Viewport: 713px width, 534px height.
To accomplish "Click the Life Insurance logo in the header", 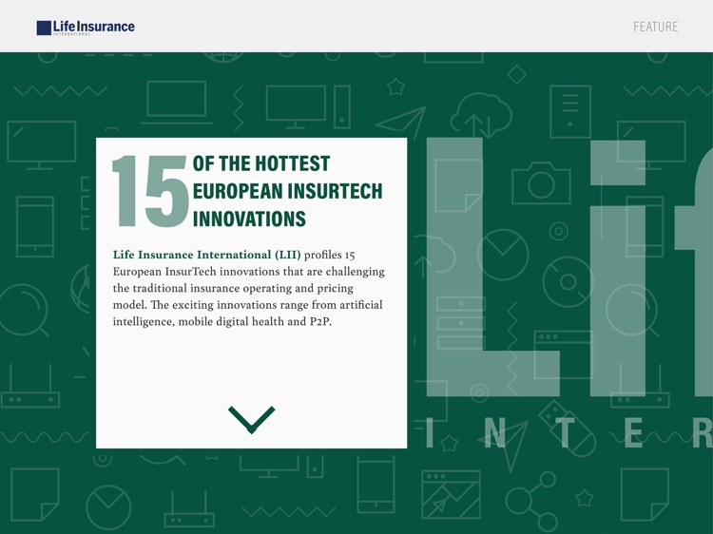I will tap(86, 28).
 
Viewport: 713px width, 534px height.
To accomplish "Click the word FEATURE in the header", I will tap(656, 27).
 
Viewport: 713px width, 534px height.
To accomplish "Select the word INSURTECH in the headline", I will tap(332, 191).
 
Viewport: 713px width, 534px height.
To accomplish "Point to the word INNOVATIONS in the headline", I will tap(249, 219).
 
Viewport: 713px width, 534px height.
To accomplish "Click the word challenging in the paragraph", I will tap(348, 272).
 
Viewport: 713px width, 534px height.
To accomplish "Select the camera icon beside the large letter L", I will tap(541, 181).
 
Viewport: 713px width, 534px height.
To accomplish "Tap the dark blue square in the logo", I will tap(44, 28).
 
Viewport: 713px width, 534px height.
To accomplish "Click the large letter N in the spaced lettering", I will tap(494, 433).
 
